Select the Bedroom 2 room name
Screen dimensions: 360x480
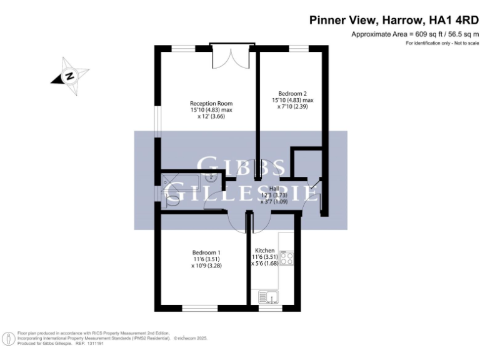click(x=292, y=94)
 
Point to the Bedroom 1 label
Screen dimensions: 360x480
click(x=206, y=252)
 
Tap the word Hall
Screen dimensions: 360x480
click(x=274, y=189)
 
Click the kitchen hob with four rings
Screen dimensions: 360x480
click(x=287, y=257)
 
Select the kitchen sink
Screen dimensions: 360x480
click(x=271, y=296)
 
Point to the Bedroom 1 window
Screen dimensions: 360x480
click(x=200, y=307)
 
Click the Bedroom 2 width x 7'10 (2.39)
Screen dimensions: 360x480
click(x=292, y=106)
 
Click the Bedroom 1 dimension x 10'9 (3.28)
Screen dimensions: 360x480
click(x=206, y=266)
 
